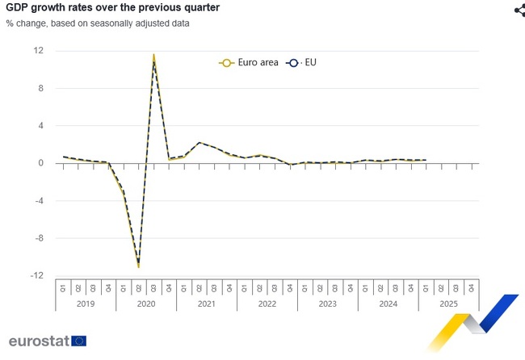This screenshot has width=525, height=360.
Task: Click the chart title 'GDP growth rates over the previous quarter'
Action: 112,7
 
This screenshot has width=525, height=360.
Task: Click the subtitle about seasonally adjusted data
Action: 98,23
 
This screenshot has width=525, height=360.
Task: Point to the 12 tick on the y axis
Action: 38,51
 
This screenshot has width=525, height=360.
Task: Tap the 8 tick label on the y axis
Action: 40,88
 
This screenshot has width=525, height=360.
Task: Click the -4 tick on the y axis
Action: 38,201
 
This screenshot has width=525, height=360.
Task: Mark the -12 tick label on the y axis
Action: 36,276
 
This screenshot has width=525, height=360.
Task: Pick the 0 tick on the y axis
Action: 40,163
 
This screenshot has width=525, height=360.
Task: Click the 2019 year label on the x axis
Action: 86,303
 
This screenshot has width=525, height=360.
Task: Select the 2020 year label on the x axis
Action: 146,303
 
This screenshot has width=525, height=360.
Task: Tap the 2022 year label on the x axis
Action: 267,303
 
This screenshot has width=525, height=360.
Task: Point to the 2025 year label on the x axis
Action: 449,303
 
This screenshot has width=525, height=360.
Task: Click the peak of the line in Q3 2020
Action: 153,57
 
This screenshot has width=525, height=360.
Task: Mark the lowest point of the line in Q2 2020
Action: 138,265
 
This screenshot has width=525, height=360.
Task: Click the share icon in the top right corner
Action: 519,10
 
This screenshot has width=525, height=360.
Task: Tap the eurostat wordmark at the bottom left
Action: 39,341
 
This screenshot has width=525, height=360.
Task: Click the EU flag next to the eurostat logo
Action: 78,341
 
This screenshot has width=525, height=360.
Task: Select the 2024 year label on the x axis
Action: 388,303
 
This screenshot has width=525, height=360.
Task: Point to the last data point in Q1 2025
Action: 426,160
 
